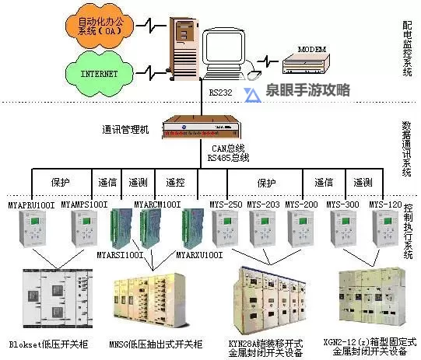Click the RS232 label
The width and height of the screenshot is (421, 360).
click(219, 92)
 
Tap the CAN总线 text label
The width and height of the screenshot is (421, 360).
click(229, 145)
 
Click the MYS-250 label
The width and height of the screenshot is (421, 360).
click(226, 204)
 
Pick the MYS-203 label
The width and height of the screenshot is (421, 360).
click(263, 204)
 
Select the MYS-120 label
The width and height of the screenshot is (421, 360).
click(385, 204)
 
